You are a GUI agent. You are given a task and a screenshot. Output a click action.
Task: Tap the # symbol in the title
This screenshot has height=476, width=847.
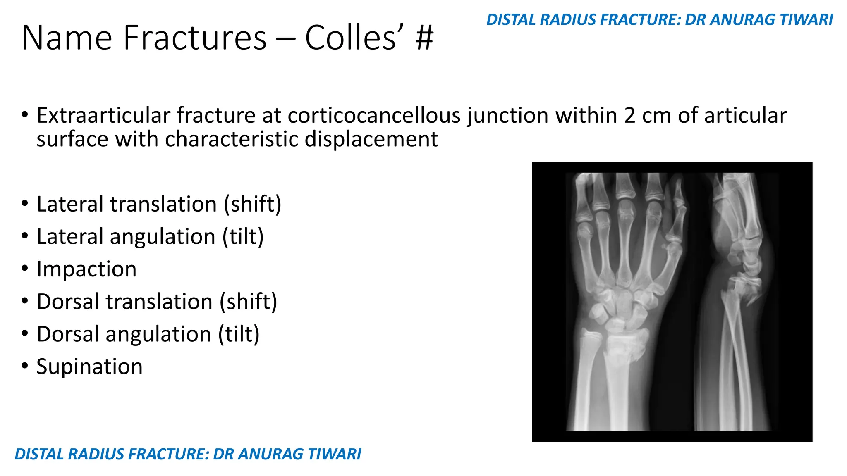click(x=423, y=38)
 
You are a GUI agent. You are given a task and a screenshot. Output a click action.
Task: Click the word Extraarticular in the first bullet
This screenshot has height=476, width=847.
click(x=103, y=115)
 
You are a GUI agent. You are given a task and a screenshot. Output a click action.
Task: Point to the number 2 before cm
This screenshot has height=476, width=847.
click(x=629, y=115)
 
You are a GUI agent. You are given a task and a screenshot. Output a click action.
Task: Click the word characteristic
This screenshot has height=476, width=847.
click(x=232, y=139)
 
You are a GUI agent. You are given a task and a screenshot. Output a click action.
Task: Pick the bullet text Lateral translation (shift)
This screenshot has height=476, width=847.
click(x=159, y=204)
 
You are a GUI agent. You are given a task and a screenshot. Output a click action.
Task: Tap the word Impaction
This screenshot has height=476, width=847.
click(x=86, y=269)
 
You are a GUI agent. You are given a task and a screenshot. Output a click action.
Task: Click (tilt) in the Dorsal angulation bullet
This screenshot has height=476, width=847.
click(x=239, y=334)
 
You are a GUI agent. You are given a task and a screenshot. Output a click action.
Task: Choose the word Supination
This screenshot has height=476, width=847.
click(x=89, y=367)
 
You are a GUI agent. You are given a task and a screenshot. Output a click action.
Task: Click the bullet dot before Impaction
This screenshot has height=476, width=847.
click(x=25, y=269)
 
